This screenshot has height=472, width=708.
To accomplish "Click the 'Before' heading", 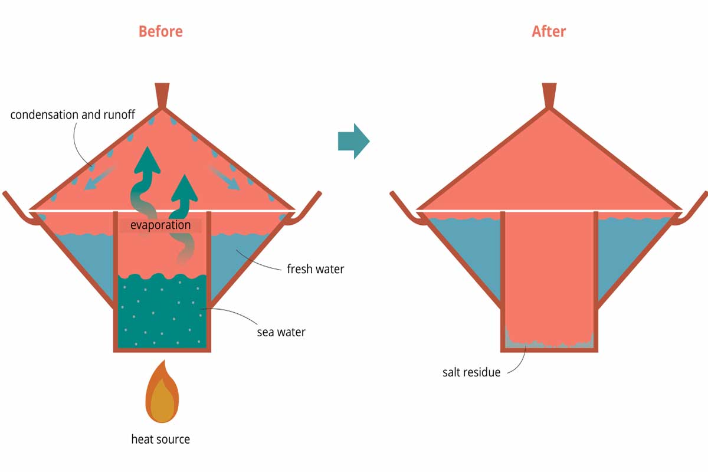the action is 160,32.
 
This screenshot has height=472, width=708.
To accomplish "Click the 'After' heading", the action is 549,32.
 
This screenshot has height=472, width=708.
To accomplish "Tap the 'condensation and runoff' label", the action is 73,114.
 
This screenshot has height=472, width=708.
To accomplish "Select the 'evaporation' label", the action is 160,225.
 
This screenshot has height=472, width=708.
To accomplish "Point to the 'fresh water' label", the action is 316,269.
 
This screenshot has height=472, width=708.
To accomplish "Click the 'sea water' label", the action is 281,332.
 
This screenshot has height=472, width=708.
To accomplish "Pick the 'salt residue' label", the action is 471,372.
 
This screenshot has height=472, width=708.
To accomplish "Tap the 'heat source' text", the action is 160,440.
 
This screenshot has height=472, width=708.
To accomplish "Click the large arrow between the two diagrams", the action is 354,141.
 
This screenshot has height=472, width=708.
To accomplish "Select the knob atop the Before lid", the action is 162,96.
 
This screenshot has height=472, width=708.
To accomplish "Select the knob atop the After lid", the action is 549,96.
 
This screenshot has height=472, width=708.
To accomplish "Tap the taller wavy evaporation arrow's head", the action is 147,160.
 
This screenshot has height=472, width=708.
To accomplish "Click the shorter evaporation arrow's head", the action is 185,188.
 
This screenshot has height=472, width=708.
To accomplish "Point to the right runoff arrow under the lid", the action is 224,178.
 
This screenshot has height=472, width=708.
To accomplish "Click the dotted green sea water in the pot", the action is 162,312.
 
